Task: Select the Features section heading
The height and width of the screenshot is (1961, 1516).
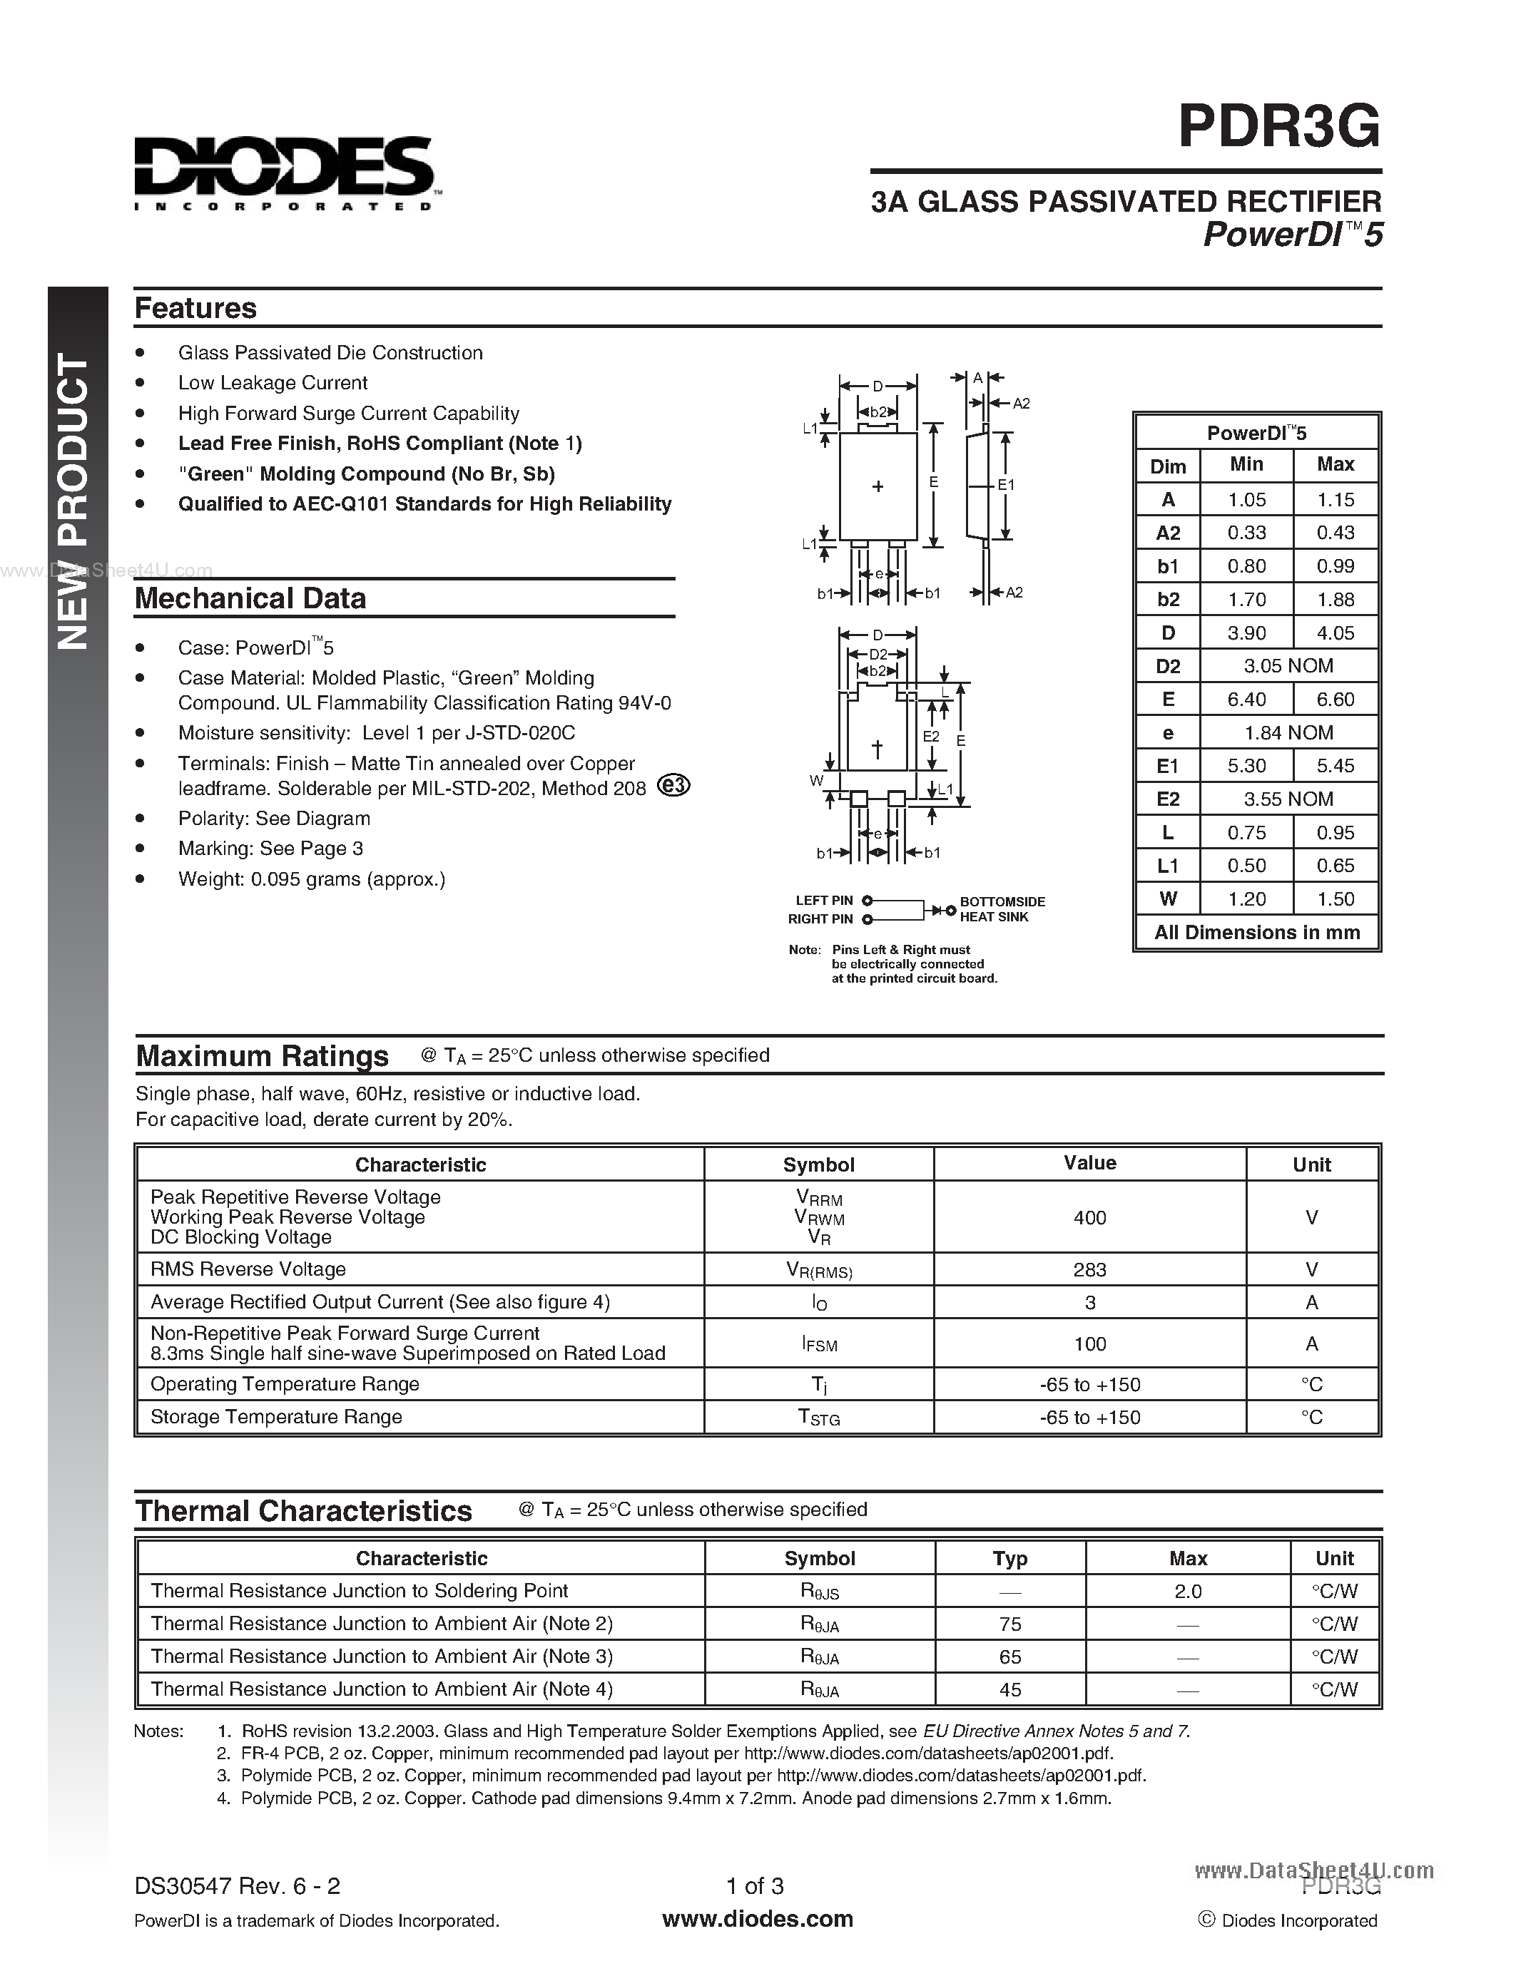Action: coord(195,308)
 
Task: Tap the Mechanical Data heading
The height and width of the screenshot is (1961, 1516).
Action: coord(250,598)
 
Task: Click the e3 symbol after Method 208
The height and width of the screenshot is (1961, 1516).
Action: coord(674,786)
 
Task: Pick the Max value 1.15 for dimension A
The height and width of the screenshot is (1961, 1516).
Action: coord(1335,499)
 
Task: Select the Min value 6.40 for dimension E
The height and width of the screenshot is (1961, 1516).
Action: coord(1246,700)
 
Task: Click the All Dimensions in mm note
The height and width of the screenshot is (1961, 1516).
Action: coord(1256,932)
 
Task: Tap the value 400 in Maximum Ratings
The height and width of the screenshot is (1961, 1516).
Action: coord(1089,1217)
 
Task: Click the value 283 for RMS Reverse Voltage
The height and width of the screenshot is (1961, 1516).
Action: coord(1089,1269)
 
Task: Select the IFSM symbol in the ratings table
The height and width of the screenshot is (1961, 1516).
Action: coord(818,1344)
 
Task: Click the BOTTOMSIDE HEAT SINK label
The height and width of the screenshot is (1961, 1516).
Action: coord(1002,908)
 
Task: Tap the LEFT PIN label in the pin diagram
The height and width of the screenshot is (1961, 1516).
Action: coord(823,901)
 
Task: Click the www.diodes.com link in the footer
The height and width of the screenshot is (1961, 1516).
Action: coord(757,1920)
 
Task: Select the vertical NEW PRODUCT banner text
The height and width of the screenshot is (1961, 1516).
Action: coord(74,503)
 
